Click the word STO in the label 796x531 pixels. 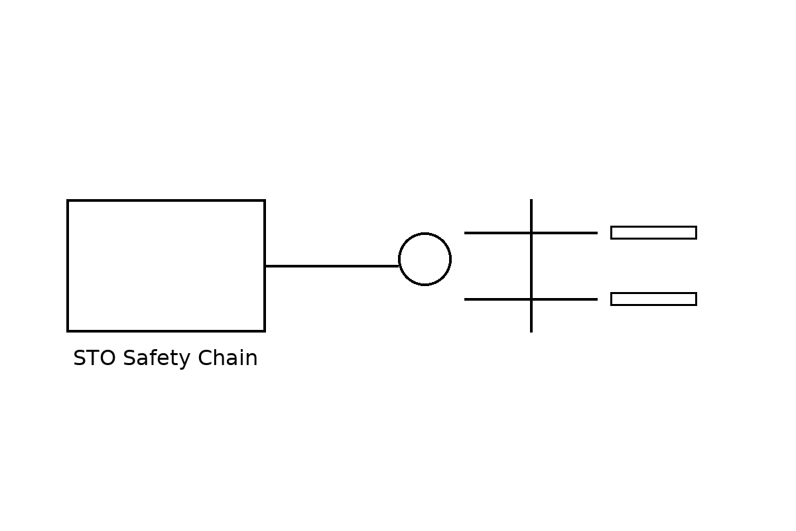point(94,358)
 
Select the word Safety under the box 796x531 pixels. point(157,358)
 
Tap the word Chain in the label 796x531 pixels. point(228,358)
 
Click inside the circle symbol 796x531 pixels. point(425,259)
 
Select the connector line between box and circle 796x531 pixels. point(332,265)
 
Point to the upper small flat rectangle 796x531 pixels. point(653,232)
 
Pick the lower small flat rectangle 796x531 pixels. point(653,299)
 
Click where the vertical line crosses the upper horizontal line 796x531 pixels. point(531,233)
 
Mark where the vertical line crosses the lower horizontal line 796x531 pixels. point(531,299)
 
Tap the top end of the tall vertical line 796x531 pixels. point(531,200)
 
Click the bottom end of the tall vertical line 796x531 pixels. point(531,332)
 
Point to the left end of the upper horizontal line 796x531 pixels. point(464,233)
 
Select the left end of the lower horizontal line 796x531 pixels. point(464,299)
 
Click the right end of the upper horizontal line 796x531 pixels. point(598,233)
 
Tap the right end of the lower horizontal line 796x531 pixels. point(598,299)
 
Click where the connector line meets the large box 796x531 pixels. point(265,265)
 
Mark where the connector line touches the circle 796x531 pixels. point(399,265)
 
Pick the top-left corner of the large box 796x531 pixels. point(68,200)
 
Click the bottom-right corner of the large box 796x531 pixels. point(265,331)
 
